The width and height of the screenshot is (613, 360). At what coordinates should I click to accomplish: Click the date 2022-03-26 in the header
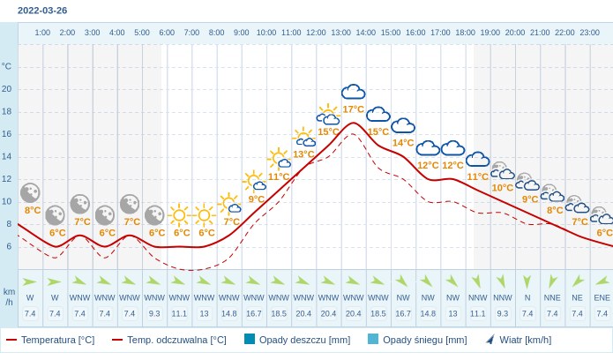click(x=42, y=11)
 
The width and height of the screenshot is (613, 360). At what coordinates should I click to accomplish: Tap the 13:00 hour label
click(x=340, y=33)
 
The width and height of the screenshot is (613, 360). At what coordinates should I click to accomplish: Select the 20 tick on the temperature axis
click(x=7, y=88)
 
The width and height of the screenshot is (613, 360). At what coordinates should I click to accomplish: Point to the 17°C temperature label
click(x=353, y=109)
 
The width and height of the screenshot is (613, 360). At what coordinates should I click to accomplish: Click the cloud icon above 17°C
click(x=353, y=92)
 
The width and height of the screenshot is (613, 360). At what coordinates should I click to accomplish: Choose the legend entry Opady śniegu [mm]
click(x=417, y=340)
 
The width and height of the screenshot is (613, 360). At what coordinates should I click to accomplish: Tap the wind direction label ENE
click(x=602, y=297)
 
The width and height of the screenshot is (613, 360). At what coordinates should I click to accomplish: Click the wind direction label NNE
click(x=552, y=297)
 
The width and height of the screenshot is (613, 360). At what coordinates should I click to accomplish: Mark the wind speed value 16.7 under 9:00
click(x=253, y=313)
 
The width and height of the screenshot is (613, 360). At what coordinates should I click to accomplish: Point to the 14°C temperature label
click(x=403, y=143)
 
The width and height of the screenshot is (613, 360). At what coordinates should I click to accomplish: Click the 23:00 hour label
click(x=589, y=33)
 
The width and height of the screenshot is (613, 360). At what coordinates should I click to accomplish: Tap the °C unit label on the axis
click(x=7, y=66)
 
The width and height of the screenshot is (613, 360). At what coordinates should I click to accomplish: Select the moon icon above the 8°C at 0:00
click(x=30, y=192)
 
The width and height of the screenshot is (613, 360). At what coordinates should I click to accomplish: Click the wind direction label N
click(x=527, y=297)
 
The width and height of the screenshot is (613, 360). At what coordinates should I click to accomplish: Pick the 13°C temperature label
click(x=303, y=154)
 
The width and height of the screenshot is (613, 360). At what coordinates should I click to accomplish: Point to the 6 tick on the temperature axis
click(x=9, y=246)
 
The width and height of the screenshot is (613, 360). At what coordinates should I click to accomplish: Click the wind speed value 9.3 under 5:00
click(x=154, y=313)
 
